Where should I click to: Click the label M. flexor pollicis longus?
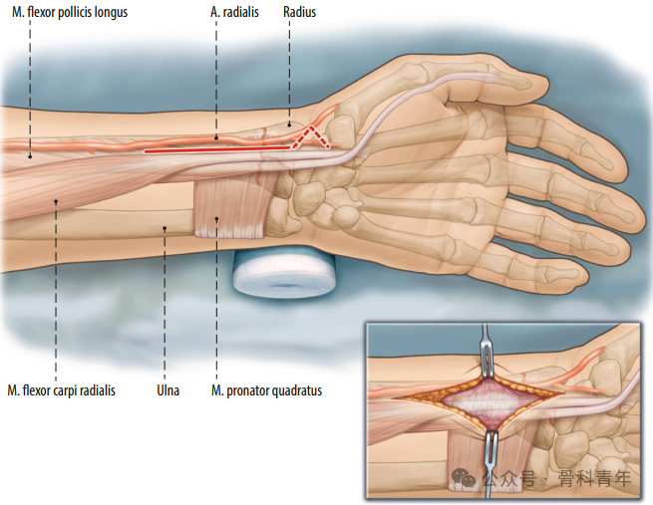70,12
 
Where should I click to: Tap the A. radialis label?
234,12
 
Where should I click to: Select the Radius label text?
299,12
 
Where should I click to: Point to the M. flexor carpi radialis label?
61,390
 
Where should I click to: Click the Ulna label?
168,390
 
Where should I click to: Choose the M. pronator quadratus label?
266,390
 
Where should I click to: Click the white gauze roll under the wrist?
284,273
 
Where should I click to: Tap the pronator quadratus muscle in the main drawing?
230,207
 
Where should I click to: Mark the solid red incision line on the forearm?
216,149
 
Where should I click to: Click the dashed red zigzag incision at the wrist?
311,136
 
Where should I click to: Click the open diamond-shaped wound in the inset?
479,402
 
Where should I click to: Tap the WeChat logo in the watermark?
464,477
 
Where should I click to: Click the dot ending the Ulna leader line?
164,228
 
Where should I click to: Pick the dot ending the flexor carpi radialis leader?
56,202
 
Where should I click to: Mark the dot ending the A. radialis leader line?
216,137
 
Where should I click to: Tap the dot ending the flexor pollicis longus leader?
30,156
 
